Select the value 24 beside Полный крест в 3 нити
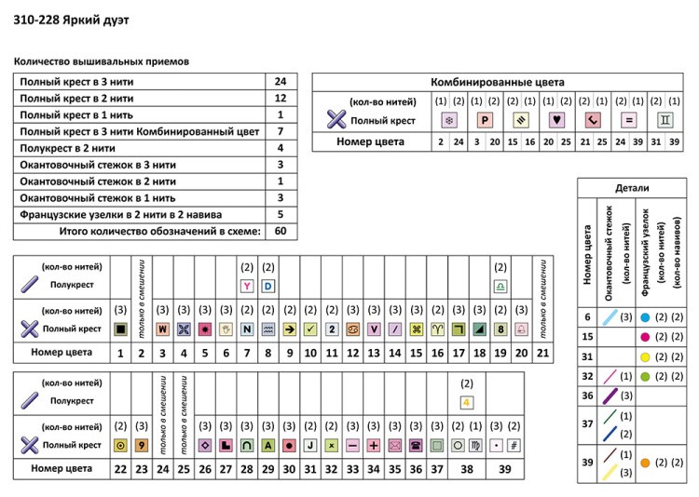(x=281, y=81)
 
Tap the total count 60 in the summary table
(x=281, y=231)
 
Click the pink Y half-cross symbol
(x=247, y=286)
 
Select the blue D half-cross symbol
(x=267, y=286)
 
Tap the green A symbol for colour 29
(x=267, y=445)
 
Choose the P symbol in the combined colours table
(x=485, y=120)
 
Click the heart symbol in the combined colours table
(x=556, y=120)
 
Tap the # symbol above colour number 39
(x=513, y=445)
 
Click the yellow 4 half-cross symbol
(x=465, y=402)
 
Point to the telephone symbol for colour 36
(x=415, y=445)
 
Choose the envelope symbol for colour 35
(x=394, y=445)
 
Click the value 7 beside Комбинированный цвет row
(x=281, y=131)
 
